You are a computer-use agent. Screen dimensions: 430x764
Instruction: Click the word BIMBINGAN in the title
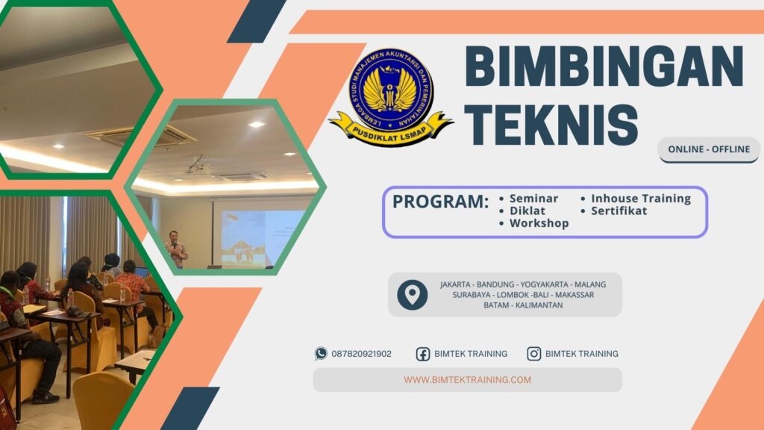pos(604,68)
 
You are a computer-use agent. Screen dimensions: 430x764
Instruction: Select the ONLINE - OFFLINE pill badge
pos(708,149)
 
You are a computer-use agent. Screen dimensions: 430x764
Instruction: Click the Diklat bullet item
pos(527,211)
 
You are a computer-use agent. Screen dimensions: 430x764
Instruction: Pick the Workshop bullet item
pos(539,224)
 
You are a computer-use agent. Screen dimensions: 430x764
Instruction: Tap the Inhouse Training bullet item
pos(641,199)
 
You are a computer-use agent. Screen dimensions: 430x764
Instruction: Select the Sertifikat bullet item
pos(619,211)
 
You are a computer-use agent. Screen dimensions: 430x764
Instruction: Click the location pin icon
pos(412,295)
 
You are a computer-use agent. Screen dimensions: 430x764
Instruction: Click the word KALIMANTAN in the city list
pos(537,305)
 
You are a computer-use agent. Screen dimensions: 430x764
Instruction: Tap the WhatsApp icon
pos(321,354)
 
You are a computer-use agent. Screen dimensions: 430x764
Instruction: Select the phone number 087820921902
pos(361,354)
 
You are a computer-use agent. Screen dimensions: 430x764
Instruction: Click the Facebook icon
pos(423,354)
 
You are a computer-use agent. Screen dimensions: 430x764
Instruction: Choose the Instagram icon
pos(534,354)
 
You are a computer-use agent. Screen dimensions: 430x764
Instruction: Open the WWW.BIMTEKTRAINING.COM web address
pos(468,380)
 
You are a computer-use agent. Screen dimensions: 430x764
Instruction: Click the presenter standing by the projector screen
pos(176,249)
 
